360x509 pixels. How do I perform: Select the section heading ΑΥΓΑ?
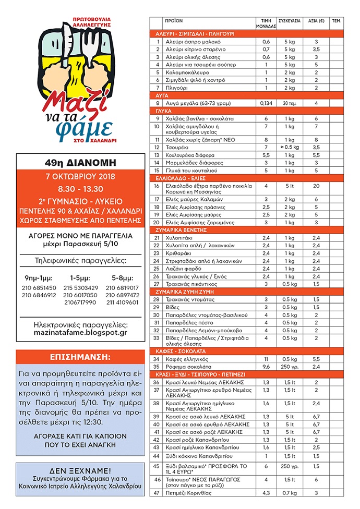162,95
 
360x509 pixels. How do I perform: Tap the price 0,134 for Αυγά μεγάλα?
266,103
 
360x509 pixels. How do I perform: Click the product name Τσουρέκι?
177,148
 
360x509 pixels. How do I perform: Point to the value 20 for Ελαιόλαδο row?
316,186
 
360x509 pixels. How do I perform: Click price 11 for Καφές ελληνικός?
266,359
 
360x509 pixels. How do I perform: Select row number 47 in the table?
157,493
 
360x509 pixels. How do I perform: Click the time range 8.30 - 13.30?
80,189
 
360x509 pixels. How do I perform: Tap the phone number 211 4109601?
123,302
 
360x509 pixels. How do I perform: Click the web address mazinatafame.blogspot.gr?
80,332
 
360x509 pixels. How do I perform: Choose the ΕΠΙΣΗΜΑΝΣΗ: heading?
80,357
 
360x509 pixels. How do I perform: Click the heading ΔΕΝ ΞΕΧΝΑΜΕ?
80,469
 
